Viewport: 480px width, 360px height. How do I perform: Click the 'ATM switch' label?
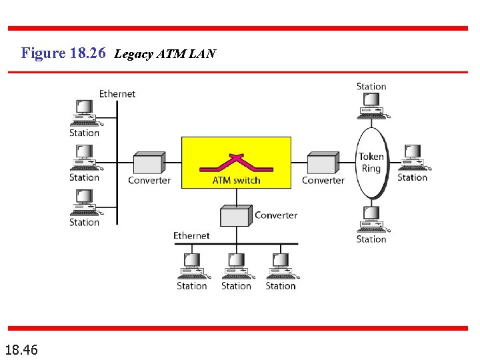coord(236,180)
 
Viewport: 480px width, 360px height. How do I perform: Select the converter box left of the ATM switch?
coord(149,163)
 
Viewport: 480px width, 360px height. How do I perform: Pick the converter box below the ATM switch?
coord(236,215)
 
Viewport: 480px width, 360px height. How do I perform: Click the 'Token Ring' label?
coord(371,163)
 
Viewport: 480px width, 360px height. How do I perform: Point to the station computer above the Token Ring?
coord(371,105)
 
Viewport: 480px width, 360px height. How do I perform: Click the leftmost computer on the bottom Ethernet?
coord(192,266)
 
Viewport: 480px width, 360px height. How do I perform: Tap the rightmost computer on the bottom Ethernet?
coord(281,266)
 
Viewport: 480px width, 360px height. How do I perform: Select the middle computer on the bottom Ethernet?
coord(236,266)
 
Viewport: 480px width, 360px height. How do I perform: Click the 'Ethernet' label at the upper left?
coord(117,94)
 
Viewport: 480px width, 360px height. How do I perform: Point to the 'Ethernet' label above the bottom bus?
coord(191,235)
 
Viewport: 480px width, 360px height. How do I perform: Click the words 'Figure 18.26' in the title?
coord(63,53)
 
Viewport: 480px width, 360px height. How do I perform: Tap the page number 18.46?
coord(21,349)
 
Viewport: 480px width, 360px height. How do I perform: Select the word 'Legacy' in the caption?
coord(135,54)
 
